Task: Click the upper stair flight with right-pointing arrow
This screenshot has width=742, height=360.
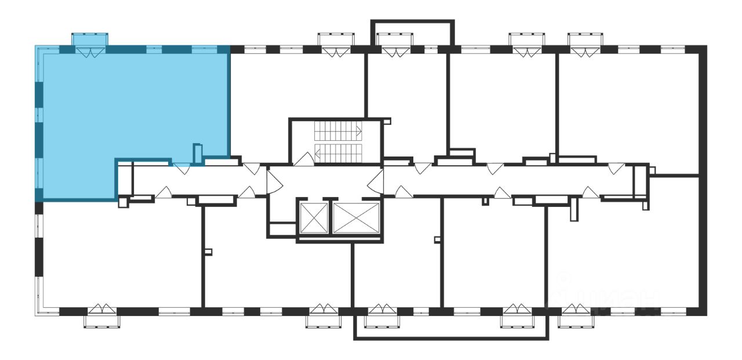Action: [338, 131]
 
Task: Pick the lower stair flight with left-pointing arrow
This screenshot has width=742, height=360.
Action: [338, 153]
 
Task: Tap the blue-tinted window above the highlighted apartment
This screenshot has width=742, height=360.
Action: [89, 39]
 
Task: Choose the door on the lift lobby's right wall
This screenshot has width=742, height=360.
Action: [376, 180]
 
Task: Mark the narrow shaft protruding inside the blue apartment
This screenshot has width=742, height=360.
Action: [198, 154]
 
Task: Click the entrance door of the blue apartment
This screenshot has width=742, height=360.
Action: [181, 169]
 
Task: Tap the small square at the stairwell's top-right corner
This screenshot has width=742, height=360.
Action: [387, 122]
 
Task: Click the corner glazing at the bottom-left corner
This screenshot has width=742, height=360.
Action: [39, 296]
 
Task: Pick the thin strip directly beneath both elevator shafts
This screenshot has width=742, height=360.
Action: [339, 239]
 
